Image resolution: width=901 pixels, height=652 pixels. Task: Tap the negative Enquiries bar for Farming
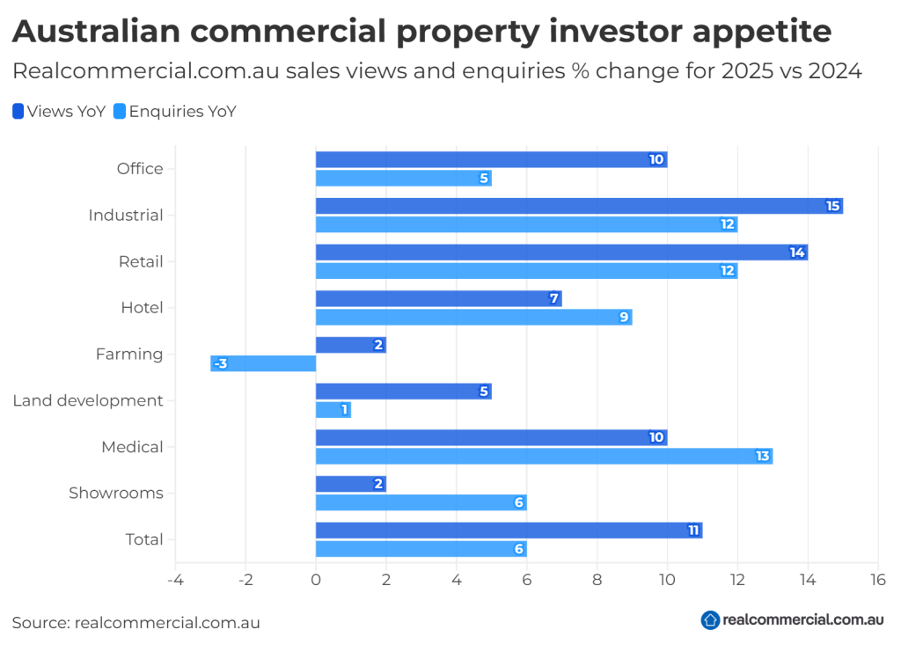tap(263, 363)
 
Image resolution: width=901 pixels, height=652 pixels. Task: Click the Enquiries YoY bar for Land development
tap(333, 410)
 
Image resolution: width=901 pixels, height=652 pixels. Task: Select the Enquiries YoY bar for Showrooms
tap(421, 502)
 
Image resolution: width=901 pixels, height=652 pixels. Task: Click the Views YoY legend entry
tap(60, 112)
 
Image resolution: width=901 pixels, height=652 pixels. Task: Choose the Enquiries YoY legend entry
tap(175, 112)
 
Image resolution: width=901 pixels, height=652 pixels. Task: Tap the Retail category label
tap(141, 261)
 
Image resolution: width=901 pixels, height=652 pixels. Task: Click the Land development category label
tap(88, 400)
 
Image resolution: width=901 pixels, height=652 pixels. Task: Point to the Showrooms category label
tap(116, 493)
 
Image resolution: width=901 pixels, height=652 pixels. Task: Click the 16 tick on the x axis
tap(877, 580)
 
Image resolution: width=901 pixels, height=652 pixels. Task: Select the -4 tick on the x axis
tap(174, 580)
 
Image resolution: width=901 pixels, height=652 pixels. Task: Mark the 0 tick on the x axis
tap(316, 580)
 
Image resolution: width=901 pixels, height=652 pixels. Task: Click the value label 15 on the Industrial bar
tap(832, 206)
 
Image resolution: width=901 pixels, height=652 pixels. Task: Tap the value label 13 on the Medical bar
tap(762, 456)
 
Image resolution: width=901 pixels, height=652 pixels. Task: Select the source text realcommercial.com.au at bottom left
tap(167, 622)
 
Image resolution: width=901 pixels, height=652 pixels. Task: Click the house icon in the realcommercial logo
tap(710, 620)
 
